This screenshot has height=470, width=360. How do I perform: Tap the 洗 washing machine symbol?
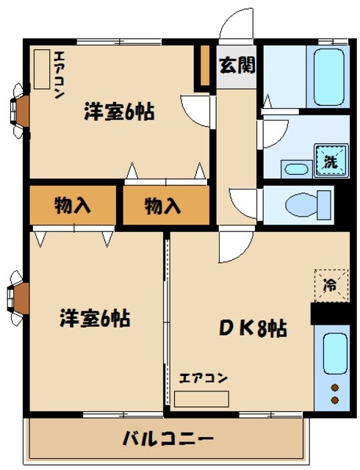tap(327, 161)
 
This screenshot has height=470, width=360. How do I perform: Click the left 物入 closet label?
tap(73, 206)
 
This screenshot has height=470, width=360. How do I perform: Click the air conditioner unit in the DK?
tap(201, 398)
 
